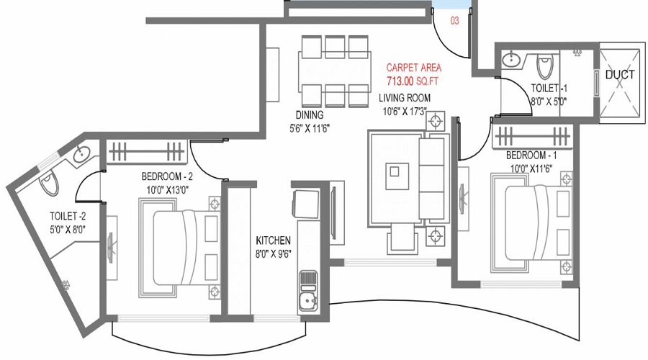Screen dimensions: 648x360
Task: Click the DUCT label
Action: tap(619, 75)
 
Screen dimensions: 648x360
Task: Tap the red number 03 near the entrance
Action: tap(454, 20)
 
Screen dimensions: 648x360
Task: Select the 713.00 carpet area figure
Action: tap(400, 81)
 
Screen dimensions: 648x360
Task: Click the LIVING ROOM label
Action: tap(405, 98)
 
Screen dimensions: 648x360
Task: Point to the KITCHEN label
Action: tap(273, 240)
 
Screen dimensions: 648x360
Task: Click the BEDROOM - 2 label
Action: tap(167, 176)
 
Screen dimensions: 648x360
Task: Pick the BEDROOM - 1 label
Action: tap(531, 156)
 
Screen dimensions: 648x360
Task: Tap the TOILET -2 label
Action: tap(68, 216)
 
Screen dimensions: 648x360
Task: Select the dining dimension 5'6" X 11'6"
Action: tap(310, 129)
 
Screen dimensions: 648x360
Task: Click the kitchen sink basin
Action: tap(307, 303)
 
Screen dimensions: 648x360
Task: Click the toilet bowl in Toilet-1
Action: tap(544, 68)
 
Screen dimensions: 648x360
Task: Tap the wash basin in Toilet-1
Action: tap(511, 60)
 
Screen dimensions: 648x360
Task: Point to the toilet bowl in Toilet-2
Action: tap(49, 184)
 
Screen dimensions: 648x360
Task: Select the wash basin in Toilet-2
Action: tap(81, 155)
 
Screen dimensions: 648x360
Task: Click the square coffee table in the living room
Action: tap(397, 176)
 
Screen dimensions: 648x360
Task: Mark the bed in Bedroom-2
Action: tap(180, 247)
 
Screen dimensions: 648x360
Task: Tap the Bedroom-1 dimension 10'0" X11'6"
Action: tap(531, 168)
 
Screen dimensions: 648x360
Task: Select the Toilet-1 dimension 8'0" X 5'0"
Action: tap(549, 102)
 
